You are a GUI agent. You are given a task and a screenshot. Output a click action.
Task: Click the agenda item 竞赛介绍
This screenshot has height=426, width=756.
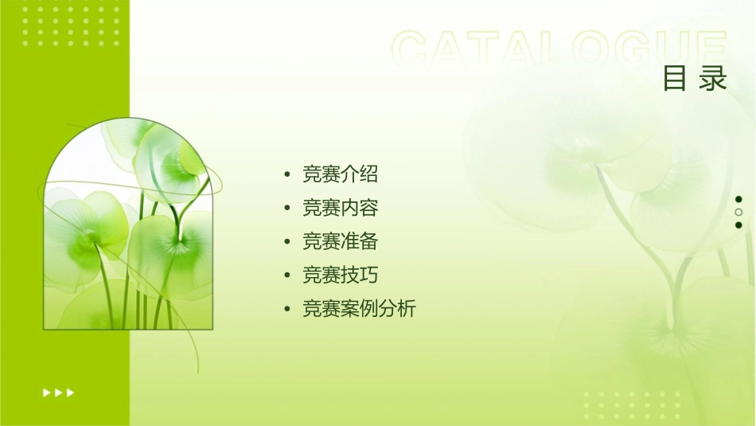(340, 174)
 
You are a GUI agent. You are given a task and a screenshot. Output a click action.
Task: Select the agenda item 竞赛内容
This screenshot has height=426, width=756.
(340, 208)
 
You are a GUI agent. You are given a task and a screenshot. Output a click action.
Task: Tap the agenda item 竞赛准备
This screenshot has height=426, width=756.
(340, 241)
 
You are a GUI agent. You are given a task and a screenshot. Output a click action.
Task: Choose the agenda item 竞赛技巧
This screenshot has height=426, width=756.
(340, 275)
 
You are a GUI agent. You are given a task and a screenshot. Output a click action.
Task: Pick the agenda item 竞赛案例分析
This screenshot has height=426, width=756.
(359, 309)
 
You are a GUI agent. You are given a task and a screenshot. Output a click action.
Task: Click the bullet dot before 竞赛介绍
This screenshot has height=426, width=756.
(287, 174)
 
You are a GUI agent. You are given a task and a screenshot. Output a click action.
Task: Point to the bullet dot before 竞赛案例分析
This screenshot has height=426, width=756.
(287, 310)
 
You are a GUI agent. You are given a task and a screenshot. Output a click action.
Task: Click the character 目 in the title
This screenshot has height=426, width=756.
(675, 79)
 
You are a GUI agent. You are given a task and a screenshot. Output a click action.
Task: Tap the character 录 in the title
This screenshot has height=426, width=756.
(714, 79)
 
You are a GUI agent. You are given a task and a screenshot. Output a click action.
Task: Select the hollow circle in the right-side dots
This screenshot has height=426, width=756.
(738, 212)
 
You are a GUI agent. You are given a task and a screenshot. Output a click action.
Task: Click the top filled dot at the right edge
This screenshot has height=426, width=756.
(738, 199)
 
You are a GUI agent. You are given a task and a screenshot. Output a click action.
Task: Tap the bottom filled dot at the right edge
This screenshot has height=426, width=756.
(738, 225)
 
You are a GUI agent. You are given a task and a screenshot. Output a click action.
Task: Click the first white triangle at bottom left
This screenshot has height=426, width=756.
(46, 392)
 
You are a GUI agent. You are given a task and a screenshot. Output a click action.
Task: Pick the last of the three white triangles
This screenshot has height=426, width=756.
(71, 392)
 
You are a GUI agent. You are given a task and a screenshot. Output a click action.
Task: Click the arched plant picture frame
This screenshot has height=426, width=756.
(128, 227)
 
